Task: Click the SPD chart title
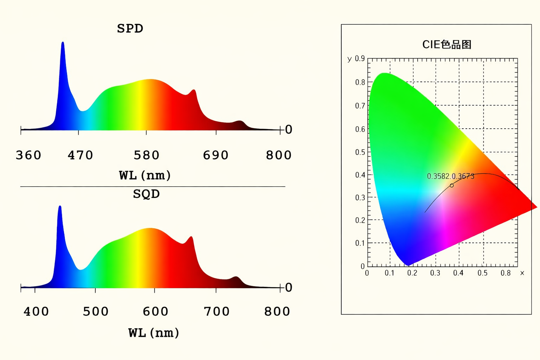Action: tap(130, 28)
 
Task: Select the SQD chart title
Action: tap(146, 194)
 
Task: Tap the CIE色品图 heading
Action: tap(446, 45)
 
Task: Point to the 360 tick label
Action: tap(28, 155)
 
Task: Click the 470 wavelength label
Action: tap(80, 155)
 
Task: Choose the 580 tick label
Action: tap(146, 155)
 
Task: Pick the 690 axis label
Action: tap(216, 155)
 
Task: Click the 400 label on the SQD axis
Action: tap(36, 311)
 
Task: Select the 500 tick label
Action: tap(96, 311)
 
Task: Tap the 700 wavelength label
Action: tap(217, 311)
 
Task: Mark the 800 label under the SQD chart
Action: tap(277, 311)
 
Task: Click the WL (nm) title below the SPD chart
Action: tap(145, 175)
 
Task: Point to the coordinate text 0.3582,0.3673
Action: tap(450, 176)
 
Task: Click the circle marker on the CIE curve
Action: tap(452, 185)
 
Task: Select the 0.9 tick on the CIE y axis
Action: tap(360, 58)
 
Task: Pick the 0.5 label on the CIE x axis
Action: tap(482, 273)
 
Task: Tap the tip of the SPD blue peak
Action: tap(63, 43)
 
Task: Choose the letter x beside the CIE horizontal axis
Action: tap(522, 273)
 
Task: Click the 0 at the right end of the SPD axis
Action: tap(289, 130)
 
